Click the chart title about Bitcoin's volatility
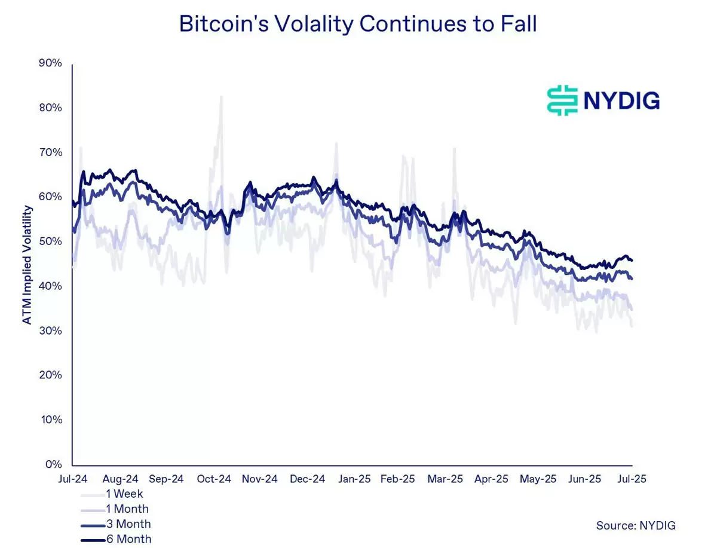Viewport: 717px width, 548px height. (x=358, y=24)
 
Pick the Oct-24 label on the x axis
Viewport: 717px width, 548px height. (x=214, y=479)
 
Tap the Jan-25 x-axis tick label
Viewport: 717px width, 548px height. (x=354, y=479)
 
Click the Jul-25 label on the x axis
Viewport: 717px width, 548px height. (x=631, y=479)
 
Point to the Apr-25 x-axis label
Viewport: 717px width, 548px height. (x=491, y=479)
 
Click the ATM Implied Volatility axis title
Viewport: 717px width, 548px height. (x=27, y=265)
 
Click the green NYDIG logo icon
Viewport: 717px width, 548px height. (x=562, y=100)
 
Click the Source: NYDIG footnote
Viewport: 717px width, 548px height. (x=636, y=525)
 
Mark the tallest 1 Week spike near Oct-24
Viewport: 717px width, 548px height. (x=221, y=97)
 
